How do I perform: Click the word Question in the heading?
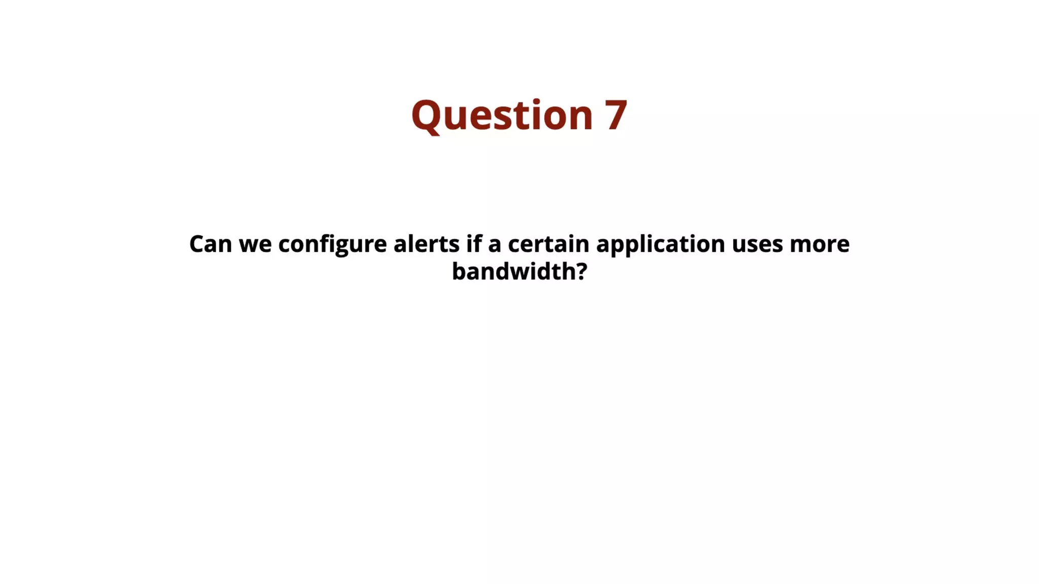pos(502,115)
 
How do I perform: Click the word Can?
pos(210,244)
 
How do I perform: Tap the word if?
pos(473,244)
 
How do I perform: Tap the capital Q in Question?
pos(426,116)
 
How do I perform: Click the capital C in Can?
pos(196,244)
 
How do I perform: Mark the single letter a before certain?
pos(494,245)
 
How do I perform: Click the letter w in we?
pos(248,245)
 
